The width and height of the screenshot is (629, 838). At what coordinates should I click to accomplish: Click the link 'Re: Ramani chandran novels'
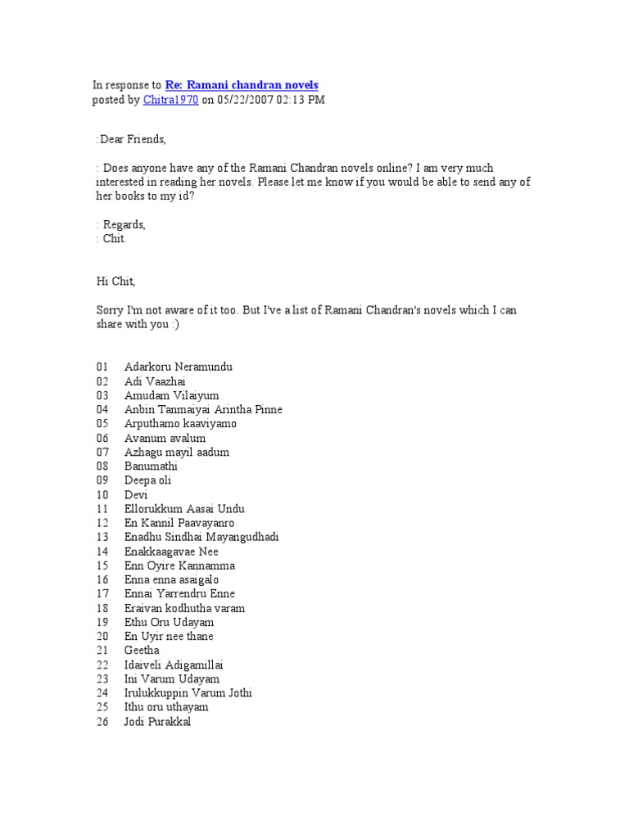tap(242, 85)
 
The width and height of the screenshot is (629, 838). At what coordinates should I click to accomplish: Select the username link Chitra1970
tap(170, 100)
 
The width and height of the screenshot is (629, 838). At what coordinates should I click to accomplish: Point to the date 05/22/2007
tap(246, 100)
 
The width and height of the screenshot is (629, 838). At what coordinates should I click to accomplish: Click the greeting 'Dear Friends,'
tap(133, 140)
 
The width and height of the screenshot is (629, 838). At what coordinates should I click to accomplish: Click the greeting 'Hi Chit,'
tap(115, 282)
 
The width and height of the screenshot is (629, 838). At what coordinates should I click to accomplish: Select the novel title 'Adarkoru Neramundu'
tap(179, 367)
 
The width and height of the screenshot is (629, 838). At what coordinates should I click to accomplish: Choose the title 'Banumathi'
tap(151, 466)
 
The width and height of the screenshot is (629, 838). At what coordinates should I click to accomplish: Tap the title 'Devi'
tap(137, 494)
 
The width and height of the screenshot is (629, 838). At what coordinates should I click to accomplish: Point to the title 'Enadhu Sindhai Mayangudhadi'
tap(202, 537)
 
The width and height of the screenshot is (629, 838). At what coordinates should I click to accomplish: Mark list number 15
tap(102, 565)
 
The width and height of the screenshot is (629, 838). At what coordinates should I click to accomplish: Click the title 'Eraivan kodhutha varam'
tap(184, 608)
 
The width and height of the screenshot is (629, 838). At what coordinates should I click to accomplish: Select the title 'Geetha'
tap(142, 651)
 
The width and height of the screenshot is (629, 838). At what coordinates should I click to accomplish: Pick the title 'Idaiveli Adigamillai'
tap(174, 665)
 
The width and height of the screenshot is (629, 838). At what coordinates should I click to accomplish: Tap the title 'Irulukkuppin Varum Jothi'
tap(188, 693)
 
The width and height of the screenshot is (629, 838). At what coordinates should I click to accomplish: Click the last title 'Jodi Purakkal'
tap(157, 722)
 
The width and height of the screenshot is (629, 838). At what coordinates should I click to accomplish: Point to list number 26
tap(102, 722)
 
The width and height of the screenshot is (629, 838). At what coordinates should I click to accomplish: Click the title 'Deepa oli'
tap(148, 480)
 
